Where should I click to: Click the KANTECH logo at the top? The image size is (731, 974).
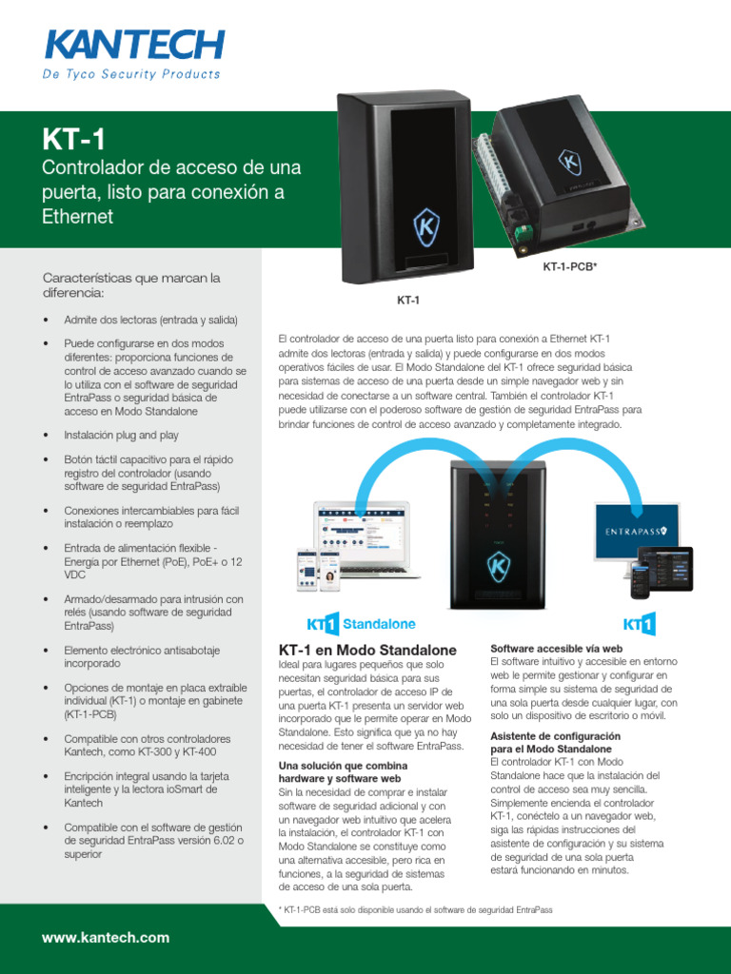pyautogui.click(x=133, y=45)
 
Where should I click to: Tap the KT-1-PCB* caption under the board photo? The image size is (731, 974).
pyautogui.click(x=569, y=267)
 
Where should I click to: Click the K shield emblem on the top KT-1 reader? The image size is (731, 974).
pyautogui.click(x=425, y=229)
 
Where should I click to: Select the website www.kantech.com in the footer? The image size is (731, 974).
pyautogui.click(x=106, y=938)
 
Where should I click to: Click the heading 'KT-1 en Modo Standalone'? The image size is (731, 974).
pyautogui.click(x=366, y=650)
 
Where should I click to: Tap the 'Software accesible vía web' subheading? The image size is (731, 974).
pyautogui.click(x=556, y=648)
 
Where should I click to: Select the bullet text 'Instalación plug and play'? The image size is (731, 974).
pyautogui.click(x=121, y=435)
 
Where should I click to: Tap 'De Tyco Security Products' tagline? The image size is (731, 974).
pyautogui.click(x=131, y=74)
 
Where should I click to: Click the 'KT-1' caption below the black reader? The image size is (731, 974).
pyautogui.click(x=408, y=300)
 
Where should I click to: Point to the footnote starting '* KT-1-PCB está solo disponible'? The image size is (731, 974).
pyautogui.click(x=415, y=910)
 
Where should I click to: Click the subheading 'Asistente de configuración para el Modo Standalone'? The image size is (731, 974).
pyautogui.click(x=555, y=743)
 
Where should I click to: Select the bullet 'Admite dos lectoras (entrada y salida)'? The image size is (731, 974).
pyautogui.click(x=150, y=320)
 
